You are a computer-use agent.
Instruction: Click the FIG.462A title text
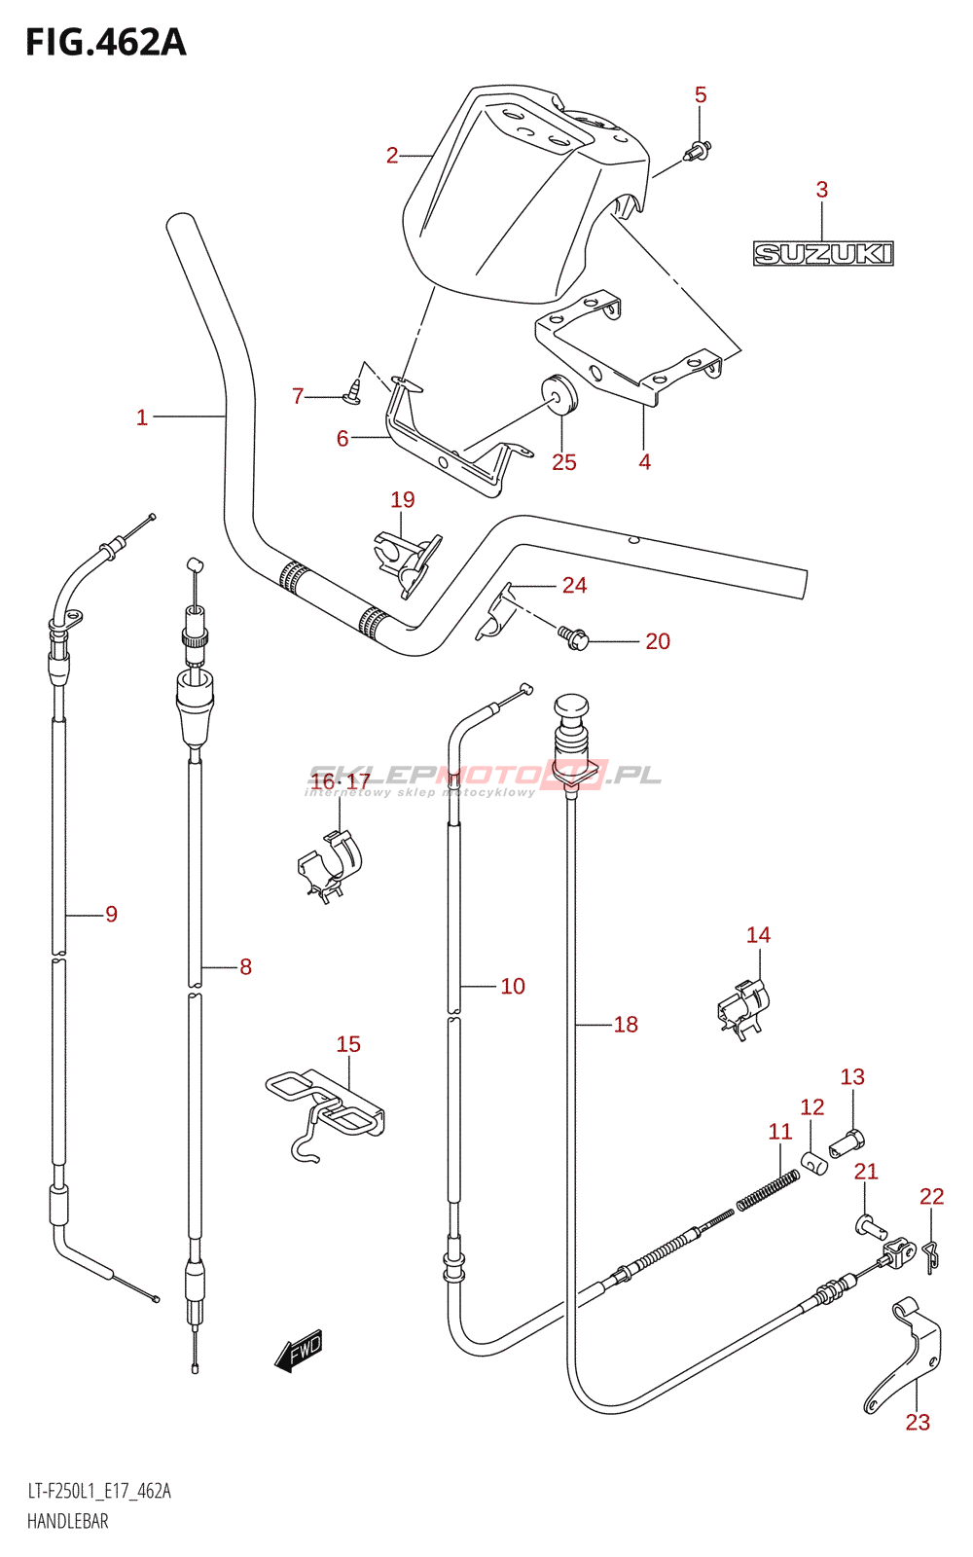106,43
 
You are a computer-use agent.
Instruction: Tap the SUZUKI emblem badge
823,253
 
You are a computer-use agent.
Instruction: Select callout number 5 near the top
701,94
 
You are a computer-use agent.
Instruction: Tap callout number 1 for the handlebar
142,417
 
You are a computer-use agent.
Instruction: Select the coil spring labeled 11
768,1190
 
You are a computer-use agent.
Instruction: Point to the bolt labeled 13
847,1142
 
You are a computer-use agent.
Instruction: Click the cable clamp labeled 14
743,1008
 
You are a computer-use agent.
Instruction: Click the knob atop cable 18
572,708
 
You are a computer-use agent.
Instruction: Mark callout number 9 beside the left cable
111,914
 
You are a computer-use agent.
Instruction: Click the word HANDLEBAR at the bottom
68,1521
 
